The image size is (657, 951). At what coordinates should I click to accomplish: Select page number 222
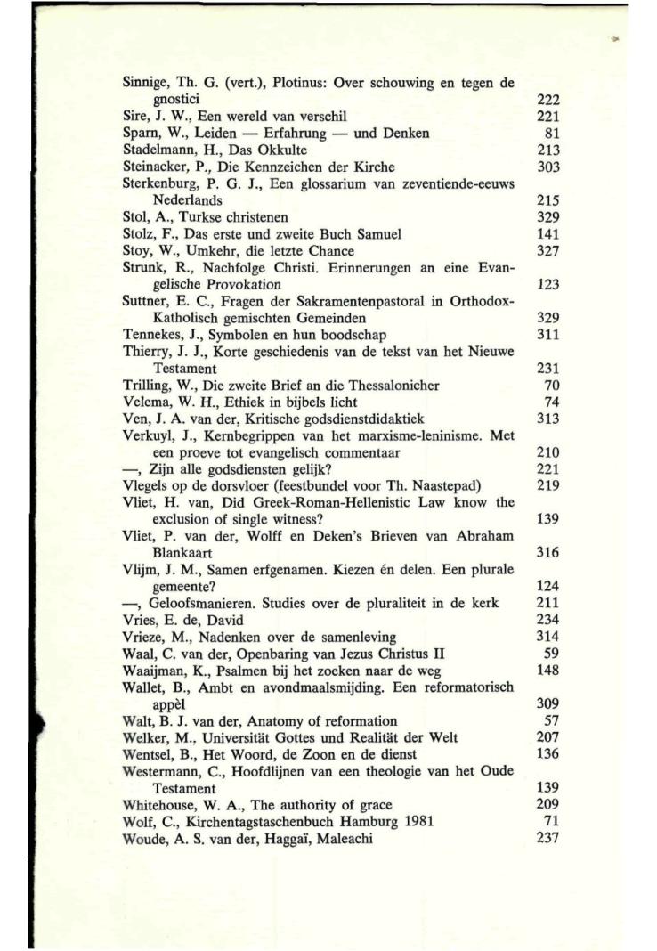[548, 101]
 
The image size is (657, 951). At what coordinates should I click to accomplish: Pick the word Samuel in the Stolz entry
[377, 233]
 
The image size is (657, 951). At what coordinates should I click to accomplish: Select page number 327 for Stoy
[548, 250]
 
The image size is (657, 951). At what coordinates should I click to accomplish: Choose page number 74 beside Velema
[553, 402]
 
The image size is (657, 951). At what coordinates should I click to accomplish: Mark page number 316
[548, 552]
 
